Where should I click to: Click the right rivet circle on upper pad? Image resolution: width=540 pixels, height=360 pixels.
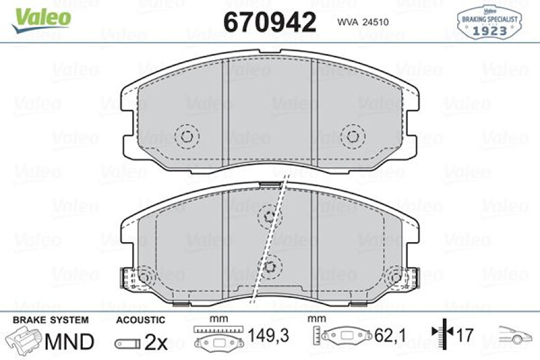(x=352, y=136)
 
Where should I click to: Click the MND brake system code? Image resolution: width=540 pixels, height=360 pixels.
(x=69, y=341)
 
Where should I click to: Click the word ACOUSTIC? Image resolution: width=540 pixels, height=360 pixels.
(x=140, y=320)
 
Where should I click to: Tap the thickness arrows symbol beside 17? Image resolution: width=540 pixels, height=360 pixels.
(x=442, y=336)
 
